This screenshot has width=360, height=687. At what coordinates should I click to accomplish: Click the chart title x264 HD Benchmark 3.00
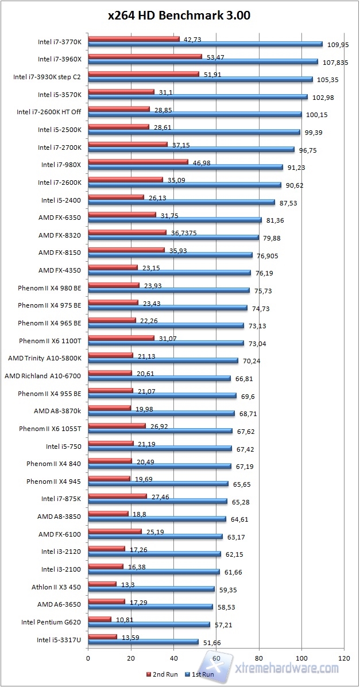point(179,16)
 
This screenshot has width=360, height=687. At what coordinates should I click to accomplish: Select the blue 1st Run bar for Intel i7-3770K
point(205,44)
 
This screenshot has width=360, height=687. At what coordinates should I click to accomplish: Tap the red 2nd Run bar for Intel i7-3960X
point(145,57)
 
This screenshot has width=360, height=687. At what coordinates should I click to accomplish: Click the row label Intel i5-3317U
point(59,639)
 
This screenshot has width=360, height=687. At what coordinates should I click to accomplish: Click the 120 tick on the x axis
point(344,658)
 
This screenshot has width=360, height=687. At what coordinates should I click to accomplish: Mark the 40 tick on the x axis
point(173,658)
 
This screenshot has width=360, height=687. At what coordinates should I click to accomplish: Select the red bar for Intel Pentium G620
point(99,619)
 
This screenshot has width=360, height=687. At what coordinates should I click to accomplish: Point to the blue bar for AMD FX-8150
point(170,255)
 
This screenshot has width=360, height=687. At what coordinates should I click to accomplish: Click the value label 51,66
point(213,642)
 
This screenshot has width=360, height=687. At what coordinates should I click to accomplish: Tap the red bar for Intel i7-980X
point(138,162)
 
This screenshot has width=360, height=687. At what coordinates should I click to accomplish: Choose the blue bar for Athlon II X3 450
point(151,589)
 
